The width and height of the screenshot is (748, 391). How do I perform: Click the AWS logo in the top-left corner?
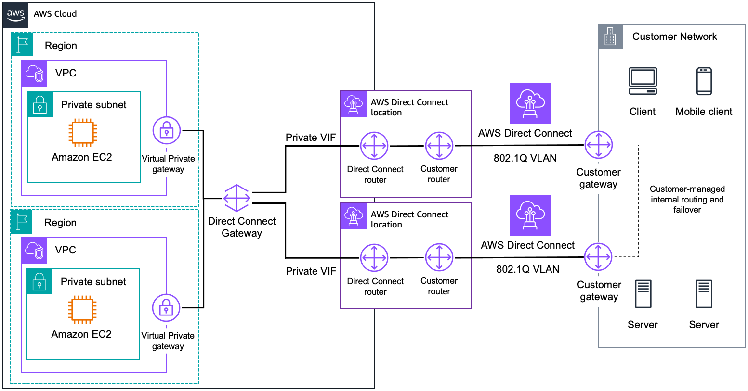point(15,14)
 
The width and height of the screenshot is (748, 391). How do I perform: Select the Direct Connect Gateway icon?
point(237,198)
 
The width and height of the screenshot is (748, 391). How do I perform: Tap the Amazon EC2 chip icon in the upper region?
point(82,132)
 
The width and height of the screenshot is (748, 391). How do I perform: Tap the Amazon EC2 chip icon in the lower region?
point(82,309)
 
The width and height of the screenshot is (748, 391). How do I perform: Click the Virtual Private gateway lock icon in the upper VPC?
point(167,130)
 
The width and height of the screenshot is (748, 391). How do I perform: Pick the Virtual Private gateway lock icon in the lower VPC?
point(166,308)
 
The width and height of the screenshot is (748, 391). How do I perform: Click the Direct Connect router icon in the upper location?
point(374,146)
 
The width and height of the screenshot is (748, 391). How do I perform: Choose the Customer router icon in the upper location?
point(439,146)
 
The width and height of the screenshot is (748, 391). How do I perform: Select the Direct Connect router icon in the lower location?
point(374,258)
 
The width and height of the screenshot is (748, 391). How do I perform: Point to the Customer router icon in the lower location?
point(439,258)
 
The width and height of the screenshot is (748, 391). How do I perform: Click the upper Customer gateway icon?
point(598,145)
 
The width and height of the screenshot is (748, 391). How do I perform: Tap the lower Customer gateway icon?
point(598,257)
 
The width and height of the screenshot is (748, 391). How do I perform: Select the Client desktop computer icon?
point(643,81)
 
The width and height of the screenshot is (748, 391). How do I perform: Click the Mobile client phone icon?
point(704,81)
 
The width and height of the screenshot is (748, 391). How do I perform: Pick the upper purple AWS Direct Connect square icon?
point(530,103)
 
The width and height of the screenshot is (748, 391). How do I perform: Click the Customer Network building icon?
point(610,37)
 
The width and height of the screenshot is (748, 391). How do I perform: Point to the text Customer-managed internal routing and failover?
point(687,199)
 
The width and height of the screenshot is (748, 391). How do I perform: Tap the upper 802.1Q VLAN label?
point(525,158)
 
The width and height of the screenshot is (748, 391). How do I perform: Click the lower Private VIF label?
point(311,271)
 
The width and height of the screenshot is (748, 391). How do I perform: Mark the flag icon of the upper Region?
point(22,45)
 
